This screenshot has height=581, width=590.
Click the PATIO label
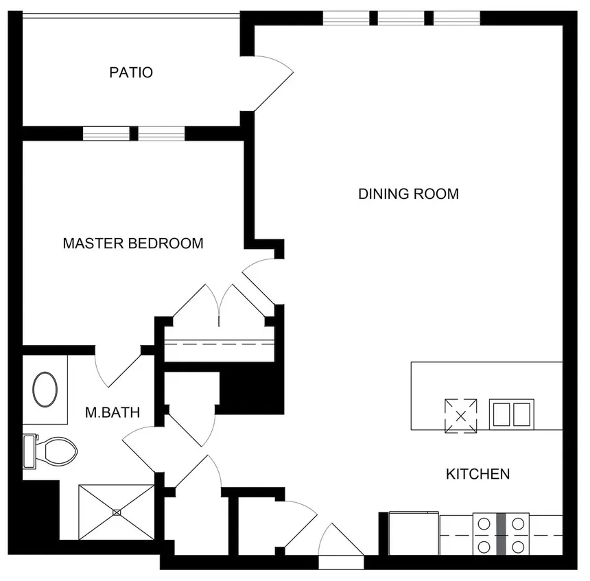pos(130,72)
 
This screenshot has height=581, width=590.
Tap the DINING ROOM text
pos(408,194)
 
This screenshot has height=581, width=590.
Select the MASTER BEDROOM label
pos(132,244)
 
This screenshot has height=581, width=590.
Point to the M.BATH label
pos(113,412)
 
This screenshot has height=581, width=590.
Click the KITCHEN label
pos(477,474)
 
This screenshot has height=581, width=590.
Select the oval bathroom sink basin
pos(46,390)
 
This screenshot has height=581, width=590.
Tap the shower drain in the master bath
pos(117,512)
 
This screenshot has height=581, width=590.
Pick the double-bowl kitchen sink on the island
pos(511,414)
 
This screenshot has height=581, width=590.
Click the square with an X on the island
pos(461,415)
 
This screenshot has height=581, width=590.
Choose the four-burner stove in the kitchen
pos(501,534)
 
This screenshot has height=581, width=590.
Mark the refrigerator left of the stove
pos(414,533)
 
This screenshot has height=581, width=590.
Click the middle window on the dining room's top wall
pos(401,18)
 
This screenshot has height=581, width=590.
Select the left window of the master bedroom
pos(106,133)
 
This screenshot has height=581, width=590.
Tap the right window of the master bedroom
pos(162,133)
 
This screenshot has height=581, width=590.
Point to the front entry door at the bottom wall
pos(342,545)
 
